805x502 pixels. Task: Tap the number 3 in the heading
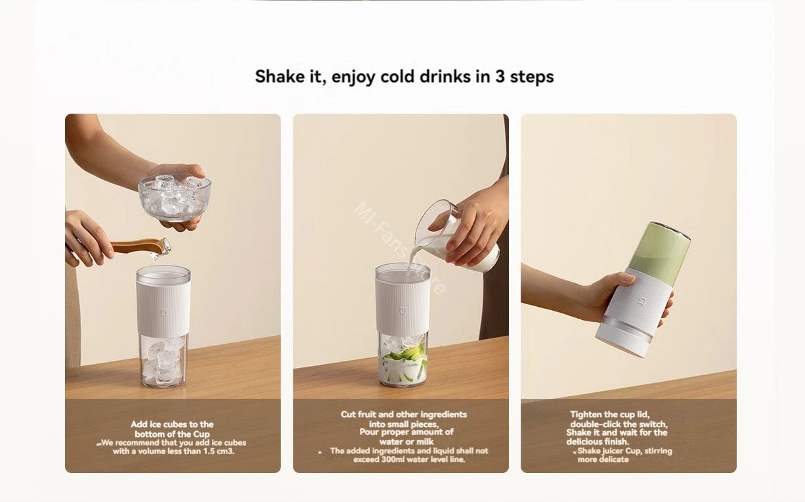pos(500,76)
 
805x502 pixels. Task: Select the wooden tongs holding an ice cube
pos(137,246)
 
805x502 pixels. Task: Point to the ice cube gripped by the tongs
pos(161,248)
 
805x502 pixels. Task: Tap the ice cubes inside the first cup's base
pos(162,362)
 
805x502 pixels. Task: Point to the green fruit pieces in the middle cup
pos(405,355)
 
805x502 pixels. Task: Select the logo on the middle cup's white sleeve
pos(404,310)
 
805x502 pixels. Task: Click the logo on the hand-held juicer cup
pos(641,301)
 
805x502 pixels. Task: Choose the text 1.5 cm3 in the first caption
pos(219,451)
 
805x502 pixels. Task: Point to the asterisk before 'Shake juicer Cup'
pos(575,452)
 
